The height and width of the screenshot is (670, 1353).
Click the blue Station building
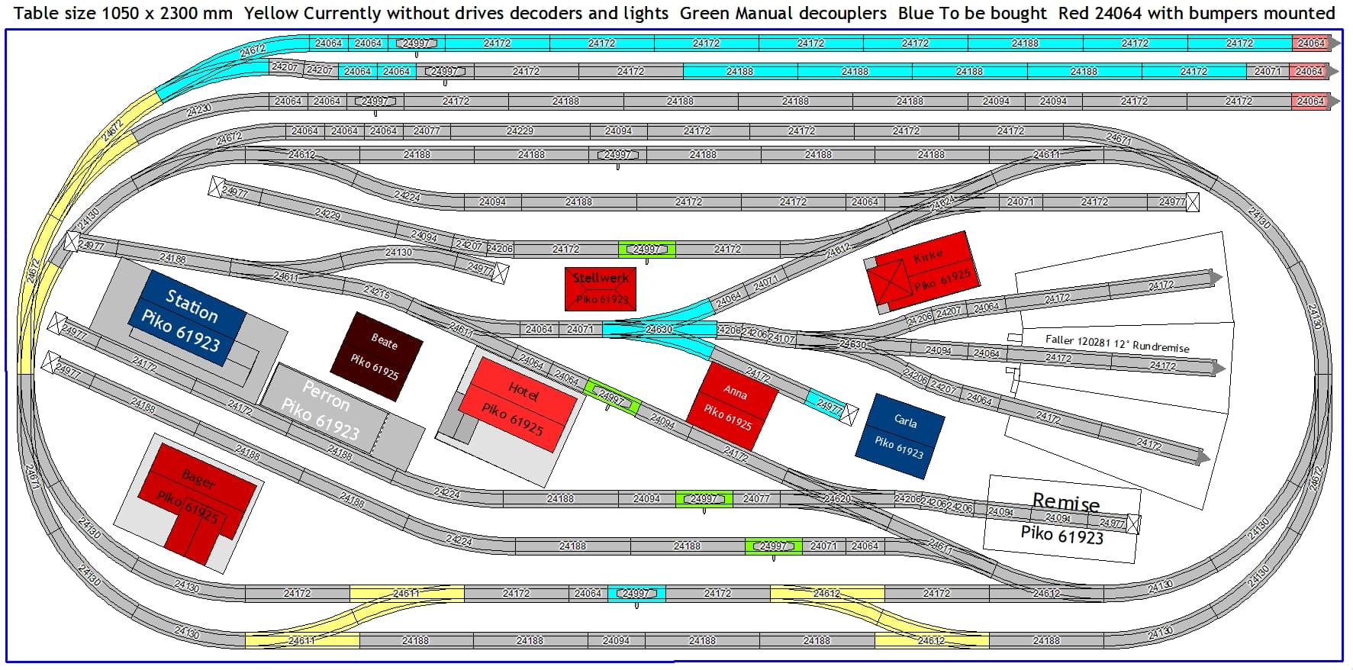tap(192, 318)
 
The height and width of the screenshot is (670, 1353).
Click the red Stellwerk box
tap(601, 288)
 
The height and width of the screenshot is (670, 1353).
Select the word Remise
tap(1065, 502)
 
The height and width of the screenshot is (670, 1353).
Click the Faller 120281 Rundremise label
tap(1116, 343)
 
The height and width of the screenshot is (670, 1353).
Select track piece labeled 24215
tap(377, 292)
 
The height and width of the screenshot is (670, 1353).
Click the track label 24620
tap(837, 498)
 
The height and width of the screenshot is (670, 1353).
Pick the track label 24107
tap(781, 337)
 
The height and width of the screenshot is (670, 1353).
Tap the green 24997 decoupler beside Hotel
tap(611, 396)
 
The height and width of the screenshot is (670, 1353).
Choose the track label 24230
tap(199, 110)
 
